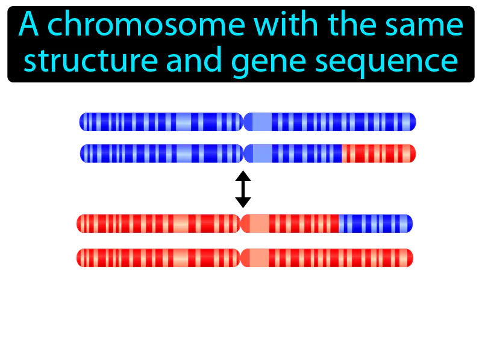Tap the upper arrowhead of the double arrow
pyautogui.click(x=243, y=177)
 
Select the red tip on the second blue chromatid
pyautogui.click(x=378, y=153)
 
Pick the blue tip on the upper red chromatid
pyautogui.click(x=375, y=224)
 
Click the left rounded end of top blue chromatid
pyautogui.click(x=83, y=122)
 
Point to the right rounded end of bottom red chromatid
pyautogui.click(x=409, y=258)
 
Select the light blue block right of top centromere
pyautogui.click(x=261, y=122)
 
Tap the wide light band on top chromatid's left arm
pyautogui.click(x=181, y=122)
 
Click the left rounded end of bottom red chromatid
pyautogui.click(x=80, y=258)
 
